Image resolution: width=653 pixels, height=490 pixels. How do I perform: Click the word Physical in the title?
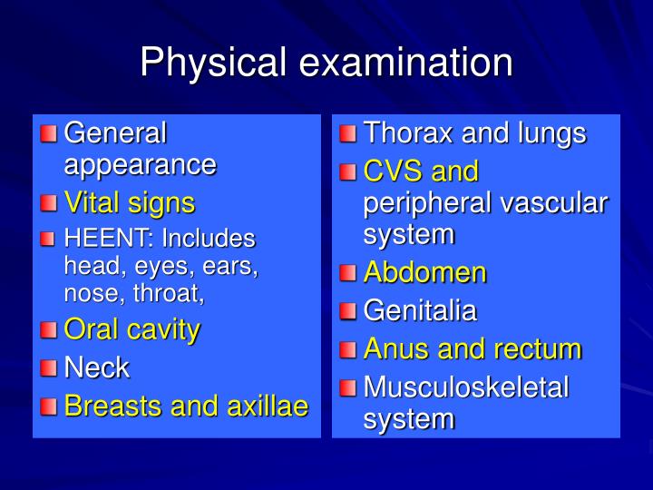pos(214,63)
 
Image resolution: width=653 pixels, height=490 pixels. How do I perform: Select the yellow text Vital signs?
pos(129,201)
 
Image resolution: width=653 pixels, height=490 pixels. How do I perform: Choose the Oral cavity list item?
pos(132,329)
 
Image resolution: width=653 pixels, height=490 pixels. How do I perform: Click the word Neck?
pos(96,367)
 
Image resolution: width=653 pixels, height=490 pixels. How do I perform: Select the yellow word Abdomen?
pos(424,272)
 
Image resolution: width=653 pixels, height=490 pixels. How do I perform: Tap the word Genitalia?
pos(419,310)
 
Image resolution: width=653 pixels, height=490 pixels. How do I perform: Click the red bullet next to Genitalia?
pos(348,311)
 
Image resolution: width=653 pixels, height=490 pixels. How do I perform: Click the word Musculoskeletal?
pos(465,387)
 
